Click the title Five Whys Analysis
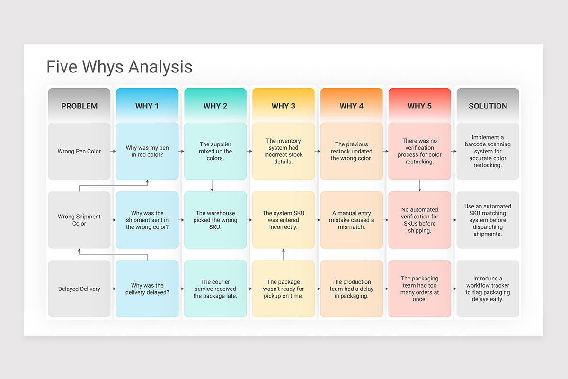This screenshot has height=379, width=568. pyautogui.click(x=119, y=67)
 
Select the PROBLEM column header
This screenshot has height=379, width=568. pyautogui.click(x=79, y=106)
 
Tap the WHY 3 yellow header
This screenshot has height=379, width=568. pyautogui.click(x=283, y=106)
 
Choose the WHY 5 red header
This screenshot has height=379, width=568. pyautogui.click(x=419, y=106)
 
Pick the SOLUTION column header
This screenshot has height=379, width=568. pyautogui.click(x=488, y=106)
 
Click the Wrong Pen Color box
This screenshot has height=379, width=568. pyautogui.click(x=79, y=151)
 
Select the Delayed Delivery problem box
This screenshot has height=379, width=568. pyautogui.click(x=79, y=289)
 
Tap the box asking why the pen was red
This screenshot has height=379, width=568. pyautogui.click(x=147, y=151)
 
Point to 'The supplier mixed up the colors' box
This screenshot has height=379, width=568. pyautogui.click(x=215, y=151)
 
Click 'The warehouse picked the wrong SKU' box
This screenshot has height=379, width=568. pyautogui.click(x=215, y=220)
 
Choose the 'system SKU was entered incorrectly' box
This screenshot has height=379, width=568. pyautogui.click(x=283, y=220)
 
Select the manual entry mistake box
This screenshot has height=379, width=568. pyautogui.click(x=352, y=220)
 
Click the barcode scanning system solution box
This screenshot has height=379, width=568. pyautogui.click(x=488, y=151)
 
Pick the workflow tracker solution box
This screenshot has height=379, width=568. pyautogui.click(x=488, y=289)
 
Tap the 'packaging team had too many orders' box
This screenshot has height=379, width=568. pyautogui.click(x=419, y=289)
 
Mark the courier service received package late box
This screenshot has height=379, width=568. pyautogui.click(x=215, y=289)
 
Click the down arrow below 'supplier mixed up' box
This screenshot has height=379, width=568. pyautogui.click(x=212, y=186)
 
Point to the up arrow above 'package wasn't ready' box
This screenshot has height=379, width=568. pyautogui.click(x=284, y=254)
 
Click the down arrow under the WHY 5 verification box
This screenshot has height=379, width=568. pyautogui.click(x=420, y=186)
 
